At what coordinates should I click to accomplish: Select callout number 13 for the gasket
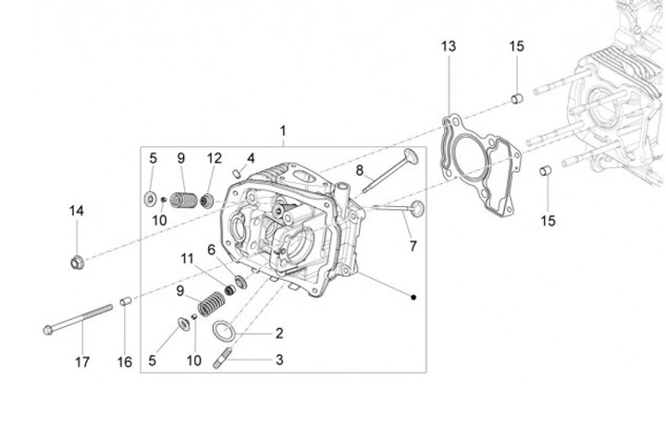click(448, 46)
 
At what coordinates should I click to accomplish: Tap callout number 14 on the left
click(76, 211)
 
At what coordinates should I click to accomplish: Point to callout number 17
click(82, 362)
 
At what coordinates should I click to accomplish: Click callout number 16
click(125, 362)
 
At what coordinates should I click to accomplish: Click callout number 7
click(413, 246)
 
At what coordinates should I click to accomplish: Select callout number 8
click(360, 170)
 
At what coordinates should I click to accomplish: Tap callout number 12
click(215, 158)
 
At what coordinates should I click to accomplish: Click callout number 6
click(211, 250)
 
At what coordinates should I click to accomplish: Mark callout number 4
click(250, 158)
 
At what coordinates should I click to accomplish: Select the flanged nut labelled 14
click(77, 262)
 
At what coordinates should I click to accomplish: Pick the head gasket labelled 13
click(477, 171)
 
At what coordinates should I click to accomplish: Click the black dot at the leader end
click(413, 297)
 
